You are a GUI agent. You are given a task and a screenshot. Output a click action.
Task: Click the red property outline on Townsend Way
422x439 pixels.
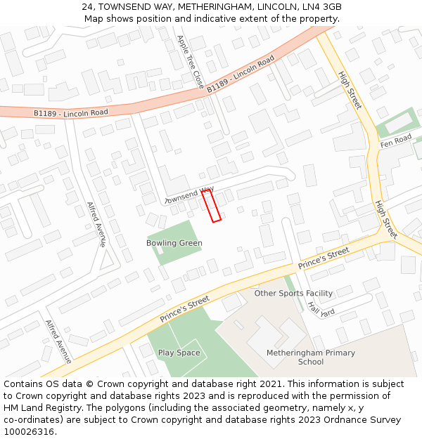(212, 206)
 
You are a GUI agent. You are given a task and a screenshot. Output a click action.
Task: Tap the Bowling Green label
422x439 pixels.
(174, 243)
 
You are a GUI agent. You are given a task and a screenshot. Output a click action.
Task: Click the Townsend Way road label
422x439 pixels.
(188, 195)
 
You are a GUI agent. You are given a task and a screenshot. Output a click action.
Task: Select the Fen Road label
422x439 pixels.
(396, 141)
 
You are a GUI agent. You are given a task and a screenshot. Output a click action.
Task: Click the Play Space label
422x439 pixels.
(179, 353)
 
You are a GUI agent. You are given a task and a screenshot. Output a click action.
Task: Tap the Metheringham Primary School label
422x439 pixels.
(311, 357)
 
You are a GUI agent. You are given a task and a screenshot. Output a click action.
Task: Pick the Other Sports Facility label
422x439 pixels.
(293, 293)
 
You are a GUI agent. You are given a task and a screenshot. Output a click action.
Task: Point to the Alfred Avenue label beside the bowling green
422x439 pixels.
(96, 224)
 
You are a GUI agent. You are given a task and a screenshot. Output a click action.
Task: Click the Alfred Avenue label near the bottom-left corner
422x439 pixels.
(58, 341)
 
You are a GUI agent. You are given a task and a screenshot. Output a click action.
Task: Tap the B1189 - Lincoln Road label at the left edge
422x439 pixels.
(71, 112)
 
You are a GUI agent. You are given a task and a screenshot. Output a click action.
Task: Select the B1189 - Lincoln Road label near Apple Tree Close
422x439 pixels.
(241, 74)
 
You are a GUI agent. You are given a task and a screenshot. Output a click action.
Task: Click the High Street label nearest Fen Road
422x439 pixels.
(350, 89)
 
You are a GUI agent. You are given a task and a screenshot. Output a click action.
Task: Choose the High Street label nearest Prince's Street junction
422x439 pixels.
(386, 218)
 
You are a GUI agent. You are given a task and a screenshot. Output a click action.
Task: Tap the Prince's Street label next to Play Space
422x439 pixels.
(184, 309)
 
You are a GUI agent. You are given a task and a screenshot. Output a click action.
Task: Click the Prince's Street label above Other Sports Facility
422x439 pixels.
(324, 258)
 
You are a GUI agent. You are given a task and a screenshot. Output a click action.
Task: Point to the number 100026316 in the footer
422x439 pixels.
(29, 432)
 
